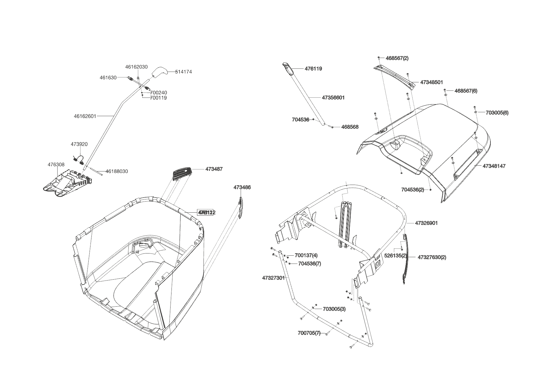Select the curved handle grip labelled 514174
point(159,72)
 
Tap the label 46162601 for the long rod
point(85,116)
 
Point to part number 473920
point(79,144)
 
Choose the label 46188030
point(117,171)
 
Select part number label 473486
point(242,187)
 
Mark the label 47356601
point(333,98)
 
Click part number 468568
point(350,127)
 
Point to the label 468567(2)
point(397,58)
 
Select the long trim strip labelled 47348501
point(396,77)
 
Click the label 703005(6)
point(497,113)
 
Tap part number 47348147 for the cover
point(494,166)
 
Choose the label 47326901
point(426,223)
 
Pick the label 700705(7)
point(309,333)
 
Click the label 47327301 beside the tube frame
point(273,278)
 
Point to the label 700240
point(159,93)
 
